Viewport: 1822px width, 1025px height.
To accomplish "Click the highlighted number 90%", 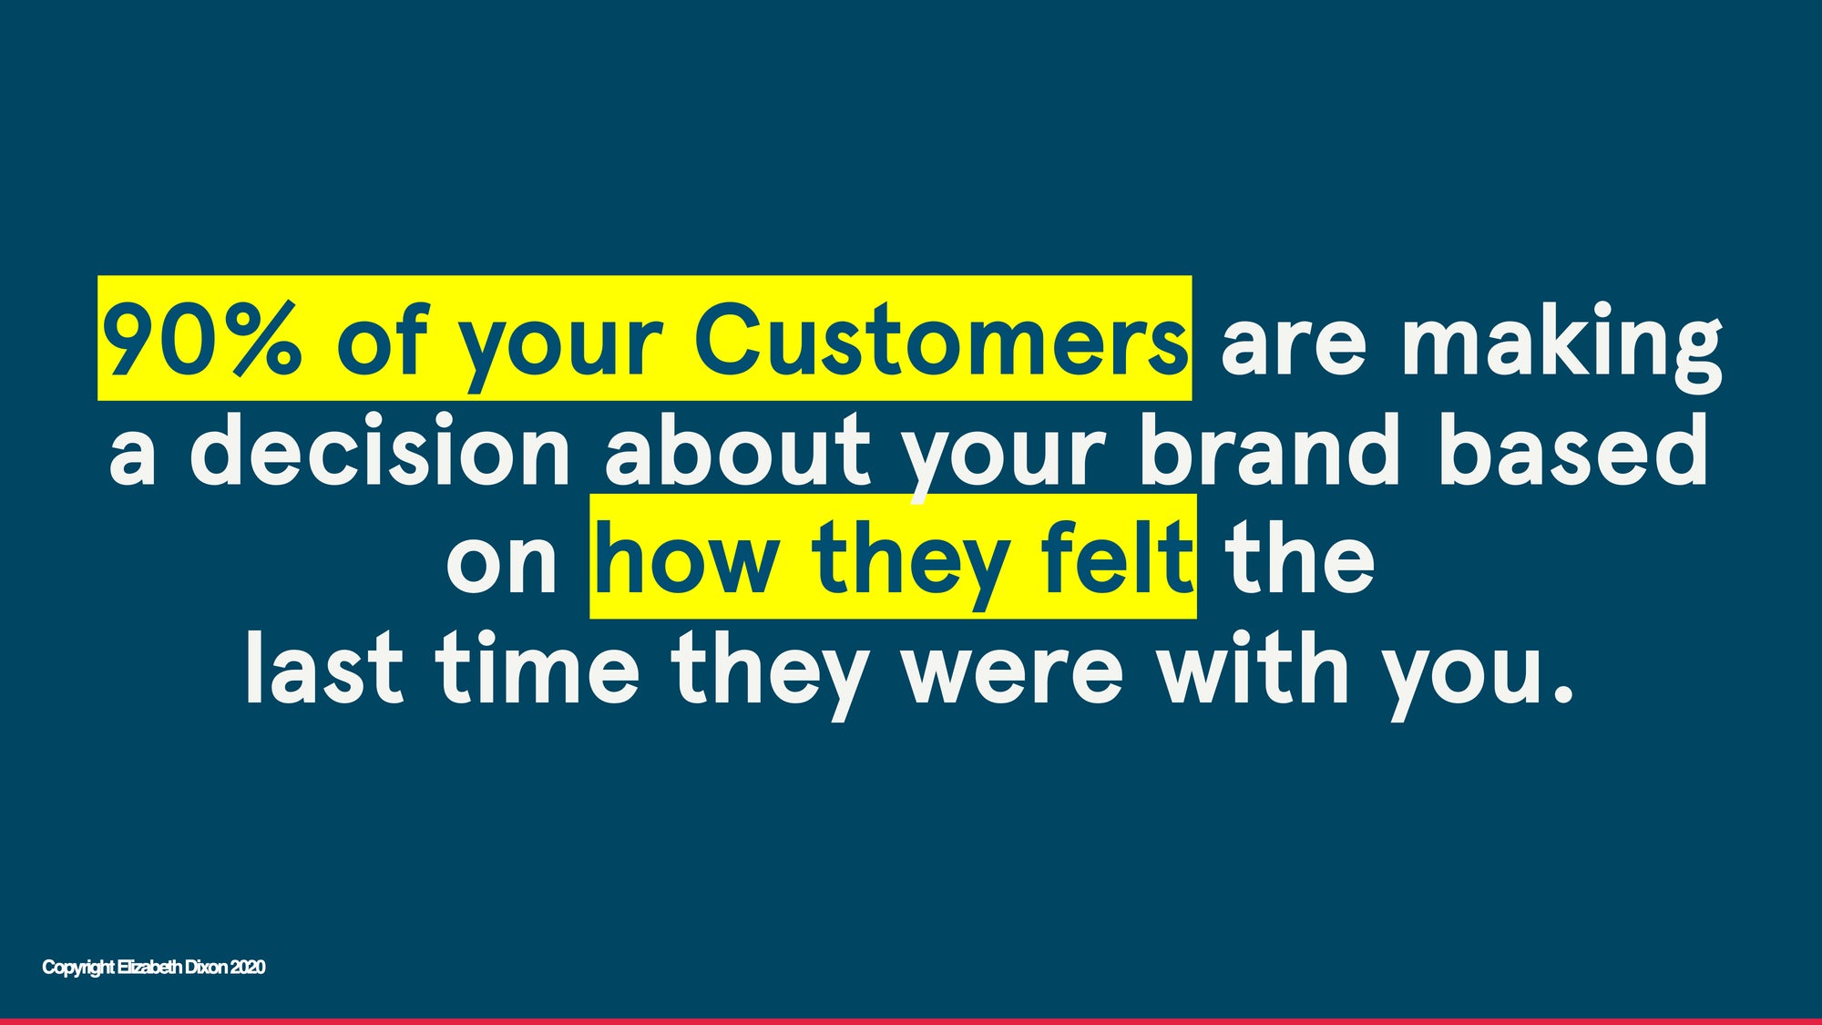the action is [x=200, y=338].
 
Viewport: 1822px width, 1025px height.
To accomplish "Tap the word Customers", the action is [x=941, y=338].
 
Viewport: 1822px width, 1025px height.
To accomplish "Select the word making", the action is [x=1561, y=346].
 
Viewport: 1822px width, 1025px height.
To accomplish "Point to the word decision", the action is [x=380, y=448].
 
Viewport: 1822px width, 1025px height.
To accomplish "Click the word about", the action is [x=739, y=448].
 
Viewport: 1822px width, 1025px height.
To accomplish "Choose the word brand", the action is [x=1270, y=448].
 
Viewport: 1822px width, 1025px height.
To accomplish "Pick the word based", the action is [x=1573, y=448].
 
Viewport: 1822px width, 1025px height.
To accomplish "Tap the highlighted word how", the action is [x=687, y=557].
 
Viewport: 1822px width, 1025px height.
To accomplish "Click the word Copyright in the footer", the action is [x=79, y=968].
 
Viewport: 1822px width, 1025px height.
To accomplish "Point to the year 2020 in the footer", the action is [x=248, y=967].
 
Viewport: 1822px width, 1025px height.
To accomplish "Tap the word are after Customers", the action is [x=1294, y=346].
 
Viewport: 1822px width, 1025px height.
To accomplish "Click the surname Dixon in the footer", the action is [x=206, y=967].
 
